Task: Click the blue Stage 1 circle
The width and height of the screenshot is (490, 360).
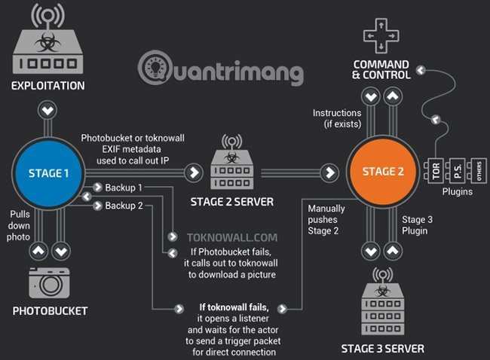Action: [49, 172]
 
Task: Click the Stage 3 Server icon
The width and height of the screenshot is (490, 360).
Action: [382, 307]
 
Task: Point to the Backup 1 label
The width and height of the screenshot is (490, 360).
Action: [124, 186]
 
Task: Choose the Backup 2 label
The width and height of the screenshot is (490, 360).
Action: [124, 205]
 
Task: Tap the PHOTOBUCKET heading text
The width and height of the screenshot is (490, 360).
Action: [49, 310]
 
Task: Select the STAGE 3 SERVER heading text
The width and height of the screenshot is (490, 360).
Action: [383, 348]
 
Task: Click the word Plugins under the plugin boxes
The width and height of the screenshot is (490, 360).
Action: [456, 191]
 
